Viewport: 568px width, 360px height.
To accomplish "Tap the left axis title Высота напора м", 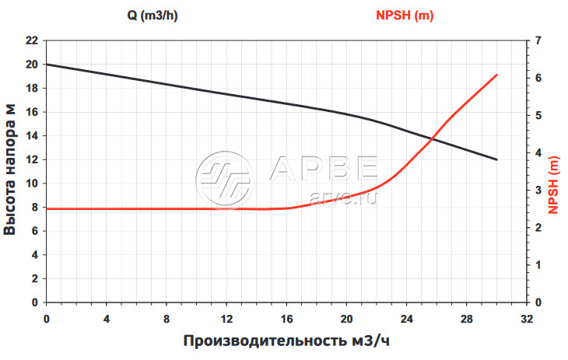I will tap(11, 170).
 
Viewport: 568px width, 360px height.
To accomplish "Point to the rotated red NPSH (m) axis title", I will tap(554, 185).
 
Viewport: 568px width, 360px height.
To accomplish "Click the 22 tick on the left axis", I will tap(31, 40).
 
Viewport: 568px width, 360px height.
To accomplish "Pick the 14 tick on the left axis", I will tap(31, 135).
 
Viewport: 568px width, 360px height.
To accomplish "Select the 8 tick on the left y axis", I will tap(33, 207).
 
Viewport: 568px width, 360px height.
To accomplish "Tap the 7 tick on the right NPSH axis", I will tap(539, 40).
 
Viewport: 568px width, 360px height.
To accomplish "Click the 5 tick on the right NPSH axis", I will tap(539, 115).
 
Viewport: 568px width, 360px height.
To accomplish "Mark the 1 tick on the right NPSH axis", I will tap(539, 264).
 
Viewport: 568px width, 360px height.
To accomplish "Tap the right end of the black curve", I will tap(496, 159).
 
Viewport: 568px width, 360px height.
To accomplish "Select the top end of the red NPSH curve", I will tap(496, 75).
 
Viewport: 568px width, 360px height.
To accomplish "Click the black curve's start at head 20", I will tap(47, 64).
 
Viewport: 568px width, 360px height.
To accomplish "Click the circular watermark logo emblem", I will tap(224, 180).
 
